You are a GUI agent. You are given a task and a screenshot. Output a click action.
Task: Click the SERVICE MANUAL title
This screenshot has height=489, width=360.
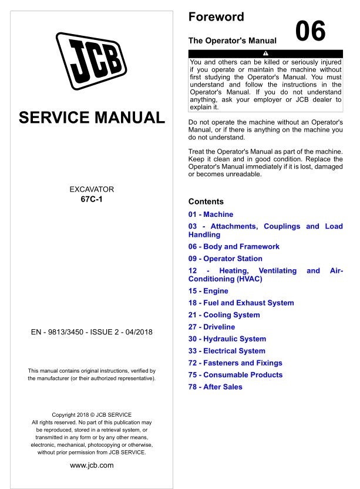(x=92, y=117)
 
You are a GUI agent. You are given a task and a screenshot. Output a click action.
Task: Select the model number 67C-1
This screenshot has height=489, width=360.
(x=92, y=199)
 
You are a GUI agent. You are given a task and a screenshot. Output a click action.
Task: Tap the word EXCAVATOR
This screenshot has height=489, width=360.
(x=92, y=189)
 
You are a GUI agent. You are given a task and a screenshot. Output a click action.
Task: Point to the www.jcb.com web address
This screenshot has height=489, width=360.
(x=92, y=465)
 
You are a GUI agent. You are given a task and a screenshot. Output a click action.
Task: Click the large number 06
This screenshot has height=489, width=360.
(x=310, y=32)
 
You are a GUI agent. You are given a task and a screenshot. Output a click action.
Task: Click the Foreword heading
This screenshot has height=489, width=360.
(x=216, y=17)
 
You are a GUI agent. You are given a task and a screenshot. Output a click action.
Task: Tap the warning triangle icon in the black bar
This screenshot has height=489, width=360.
(x=265, y=53)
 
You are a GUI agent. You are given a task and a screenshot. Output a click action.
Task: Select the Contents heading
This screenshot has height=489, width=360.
(x=206, y=202)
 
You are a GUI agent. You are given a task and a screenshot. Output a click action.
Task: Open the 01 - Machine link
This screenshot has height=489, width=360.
(x=211, y=215)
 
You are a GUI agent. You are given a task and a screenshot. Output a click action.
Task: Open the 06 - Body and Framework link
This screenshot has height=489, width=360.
(x=234, y=247)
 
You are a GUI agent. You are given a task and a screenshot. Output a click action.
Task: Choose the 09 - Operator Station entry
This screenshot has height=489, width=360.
(x=226, y=259)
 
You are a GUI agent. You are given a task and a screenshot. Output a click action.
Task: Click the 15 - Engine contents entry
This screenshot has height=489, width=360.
(x=208, y=291)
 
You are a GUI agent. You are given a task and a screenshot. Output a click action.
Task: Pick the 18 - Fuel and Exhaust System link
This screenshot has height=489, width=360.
(x=241, y=303)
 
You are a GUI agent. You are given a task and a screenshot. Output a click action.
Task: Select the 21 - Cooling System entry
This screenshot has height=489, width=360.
(x=224, y=315)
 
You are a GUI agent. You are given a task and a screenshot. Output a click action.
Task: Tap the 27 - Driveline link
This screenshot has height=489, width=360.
(x=211, y=327)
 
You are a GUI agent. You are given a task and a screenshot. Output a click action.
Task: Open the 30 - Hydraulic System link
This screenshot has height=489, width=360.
(x=227, y=339)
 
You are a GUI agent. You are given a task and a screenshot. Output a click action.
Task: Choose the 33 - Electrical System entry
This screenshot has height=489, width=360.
(x=227, y=351)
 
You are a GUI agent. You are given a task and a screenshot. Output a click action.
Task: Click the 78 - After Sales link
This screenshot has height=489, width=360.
(x=215, y=387)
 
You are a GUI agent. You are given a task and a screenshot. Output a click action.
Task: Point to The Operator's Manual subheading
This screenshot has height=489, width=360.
(x=232, y=41)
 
